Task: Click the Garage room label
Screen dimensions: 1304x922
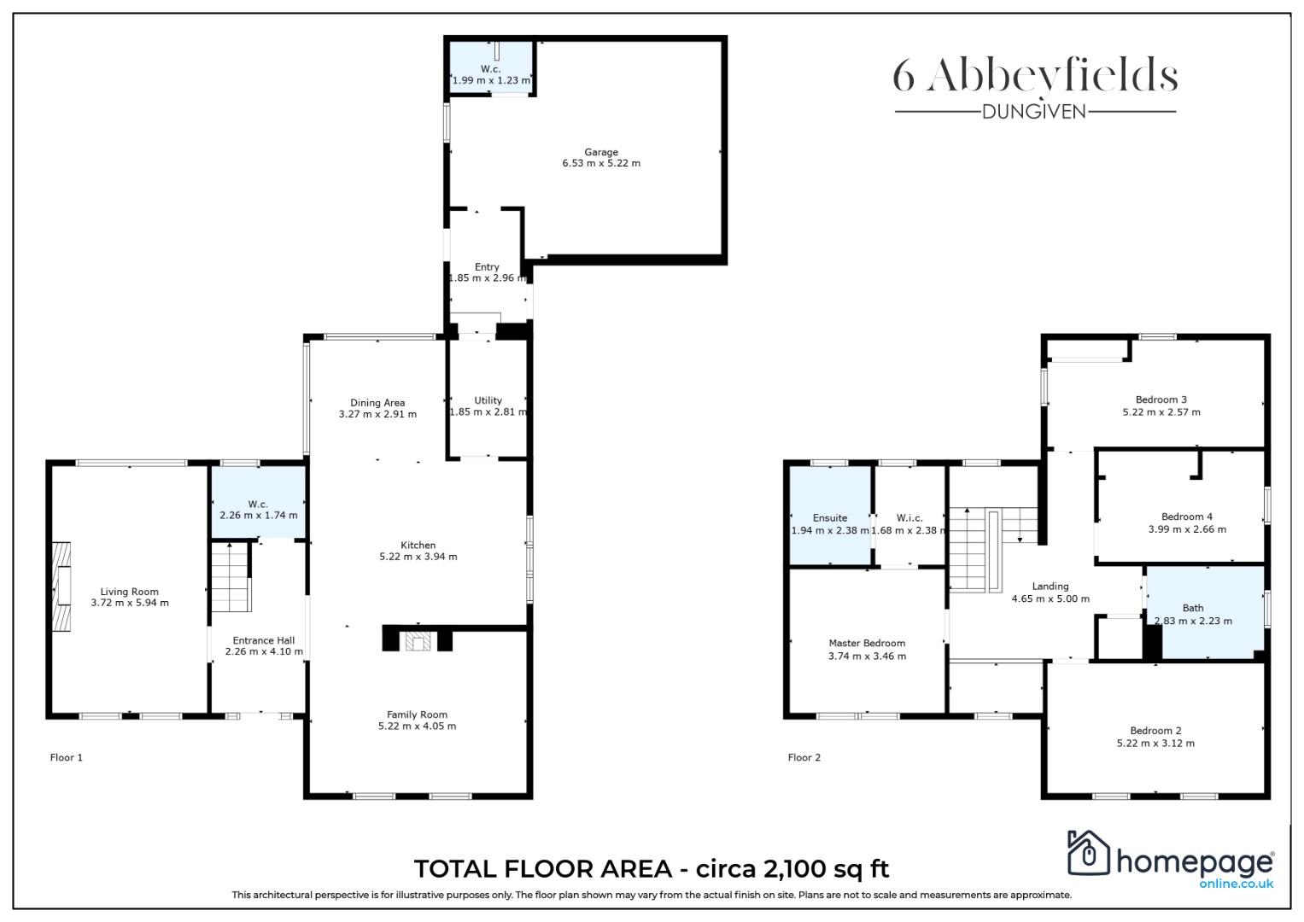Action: (601, 152)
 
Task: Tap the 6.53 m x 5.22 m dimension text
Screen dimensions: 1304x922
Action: (601, 163)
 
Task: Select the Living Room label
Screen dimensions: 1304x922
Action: (129, 592)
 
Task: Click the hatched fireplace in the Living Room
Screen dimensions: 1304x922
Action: (61, 586)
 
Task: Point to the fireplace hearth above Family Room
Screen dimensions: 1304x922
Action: (418, 641)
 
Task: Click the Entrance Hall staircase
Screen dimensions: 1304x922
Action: (231, 577)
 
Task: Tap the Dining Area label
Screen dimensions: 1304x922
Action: (377, 403)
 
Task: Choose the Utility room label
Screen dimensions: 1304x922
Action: (488, 400)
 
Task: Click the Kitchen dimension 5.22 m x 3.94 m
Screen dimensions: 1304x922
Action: (418, 557)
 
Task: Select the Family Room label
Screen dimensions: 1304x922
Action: (417, 715)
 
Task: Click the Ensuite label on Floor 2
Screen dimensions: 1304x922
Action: (830, 518)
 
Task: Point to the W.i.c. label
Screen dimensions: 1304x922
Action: (909, 518)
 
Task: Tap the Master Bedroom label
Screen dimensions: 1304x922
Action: (867, 643)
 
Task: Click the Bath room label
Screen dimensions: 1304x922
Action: (1193, 608)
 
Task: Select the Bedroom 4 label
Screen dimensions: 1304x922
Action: (1187, 516)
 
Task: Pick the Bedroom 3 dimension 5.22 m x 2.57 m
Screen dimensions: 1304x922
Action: (1161, 412)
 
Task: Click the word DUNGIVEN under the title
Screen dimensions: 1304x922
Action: (1034, 112)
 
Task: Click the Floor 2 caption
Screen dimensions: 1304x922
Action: (804, 757)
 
